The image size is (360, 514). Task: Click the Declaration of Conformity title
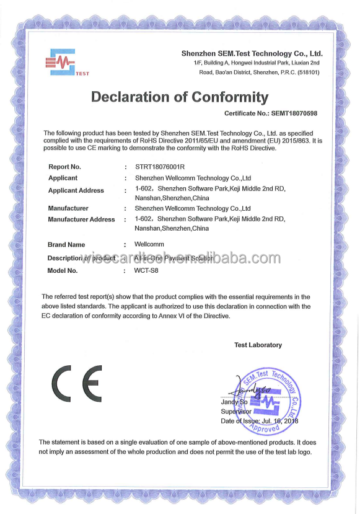(180, 97)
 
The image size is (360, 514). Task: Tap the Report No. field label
(64, 167)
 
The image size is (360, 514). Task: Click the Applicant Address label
(76, 190)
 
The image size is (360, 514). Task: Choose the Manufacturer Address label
(81, 219)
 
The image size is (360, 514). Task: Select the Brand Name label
(66, 245)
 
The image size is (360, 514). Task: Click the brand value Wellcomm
(149, 244)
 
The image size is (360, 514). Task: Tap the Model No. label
(63, 271)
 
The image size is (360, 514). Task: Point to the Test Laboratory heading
(258, 345)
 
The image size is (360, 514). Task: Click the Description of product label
(82, 258)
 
